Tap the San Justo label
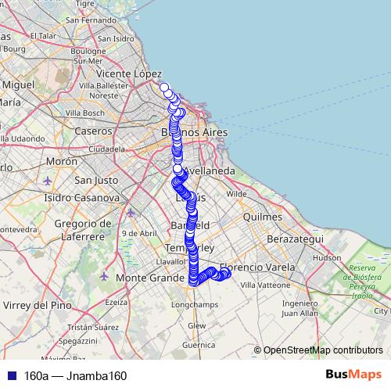95,180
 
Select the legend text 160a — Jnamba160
75,375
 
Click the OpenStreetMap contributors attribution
322,350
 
